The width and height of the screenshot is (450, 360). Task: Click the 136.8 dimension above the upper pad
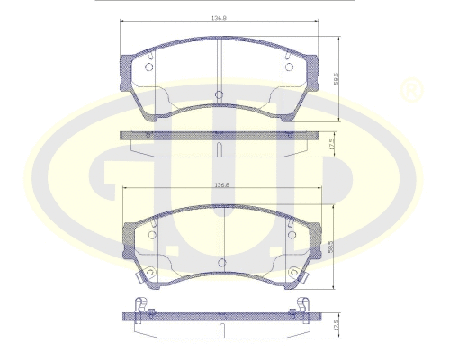coord(218,17)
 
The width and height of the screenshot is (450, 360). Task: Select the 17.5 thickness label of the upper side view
coord(332,144)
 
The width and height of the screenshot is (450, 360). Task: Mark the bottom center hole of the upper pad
coord(219,94)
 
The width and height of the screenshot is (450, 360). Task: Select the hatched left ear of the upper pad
coord(127,67)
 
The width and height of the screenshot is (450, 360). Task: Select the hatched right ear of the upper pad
coord(311,67)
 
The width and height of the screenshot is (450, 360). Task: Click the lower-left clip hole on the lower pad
coord(150,273)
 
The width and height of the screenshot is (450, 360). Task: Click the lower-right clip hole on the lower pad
coord(291,273)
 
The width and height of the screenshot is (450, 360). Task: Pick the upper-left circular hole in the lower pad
coord(151,236)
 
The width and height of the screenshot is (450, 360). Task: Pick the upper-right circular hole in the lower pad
coord(290,236)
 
